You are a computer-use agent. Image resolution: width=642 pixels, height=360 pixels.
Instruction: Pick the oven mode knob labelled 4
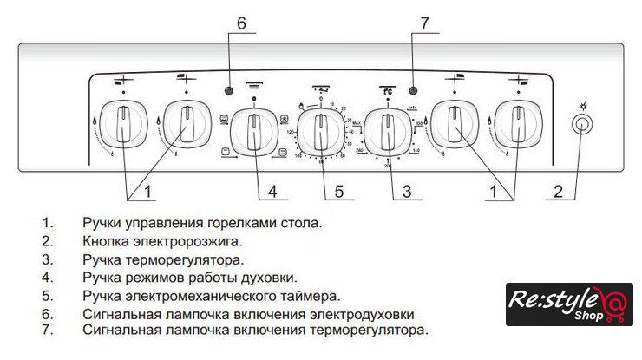[254, 130]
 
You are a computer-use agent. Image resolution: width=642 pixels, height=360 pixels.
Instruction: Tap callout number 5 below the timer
[339, 190]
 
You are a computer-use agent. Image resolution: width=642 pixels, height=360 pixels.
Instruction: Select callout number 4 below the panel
[272, 190]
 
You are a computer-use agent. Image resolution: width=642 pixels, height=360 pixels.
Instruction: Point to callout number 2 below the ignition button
[560, 190]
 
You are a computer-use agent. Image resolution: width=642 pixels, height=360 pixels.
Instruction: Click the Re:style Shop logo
[569, 304]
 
